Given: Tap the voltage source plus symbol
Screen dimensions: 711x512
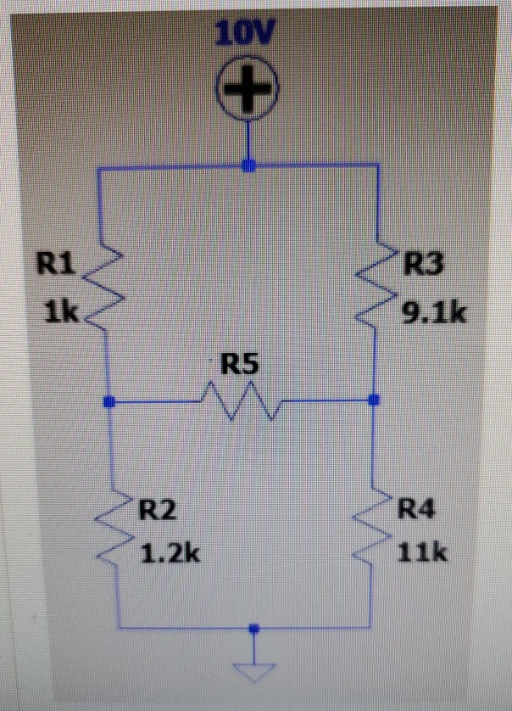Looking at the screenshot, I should (248, 89).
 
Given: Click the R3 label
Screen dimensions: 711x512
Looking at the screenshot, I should (424, 266).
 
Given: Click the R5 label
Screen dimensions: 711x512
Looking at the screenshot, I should (240, 366).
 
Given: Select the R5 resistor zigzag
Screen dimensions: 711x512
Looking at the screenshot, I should (240, 400).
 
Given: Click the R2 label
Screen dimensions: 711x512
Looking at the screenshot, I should (159, 510).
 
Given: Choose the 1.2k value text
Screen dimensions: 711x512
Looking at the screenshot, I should (170, 556).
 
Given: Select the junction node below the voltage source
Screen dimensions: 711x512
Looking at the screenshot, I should (248, 165).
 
